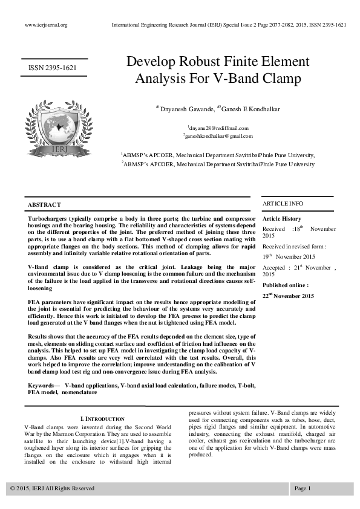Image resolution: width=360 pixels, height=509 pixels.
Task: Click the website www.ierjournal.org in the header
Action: coord(46,25)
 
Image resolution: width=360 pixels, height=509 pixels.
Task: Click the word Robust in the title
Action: coord(199,62)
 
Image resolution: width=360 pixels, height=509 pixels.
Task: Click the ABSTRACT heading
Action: coord(45,206)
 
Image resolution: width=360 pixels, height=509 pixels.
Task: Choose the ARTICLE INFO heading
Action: coord(283,204)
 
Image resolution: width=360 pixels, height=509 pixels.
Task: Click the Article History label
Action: coord(282,219)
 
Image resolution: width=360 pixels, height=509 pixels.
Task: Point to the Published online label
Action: coord(286,285)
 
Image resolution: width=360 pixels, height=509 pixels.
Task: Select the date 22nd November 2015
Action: coord(289,296)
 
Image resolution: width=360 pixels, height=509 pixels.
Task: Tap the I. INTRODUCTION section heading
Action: coord(102,419)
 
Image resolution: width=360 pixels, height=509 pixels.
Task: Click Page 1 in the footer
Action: coord(303,488)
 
